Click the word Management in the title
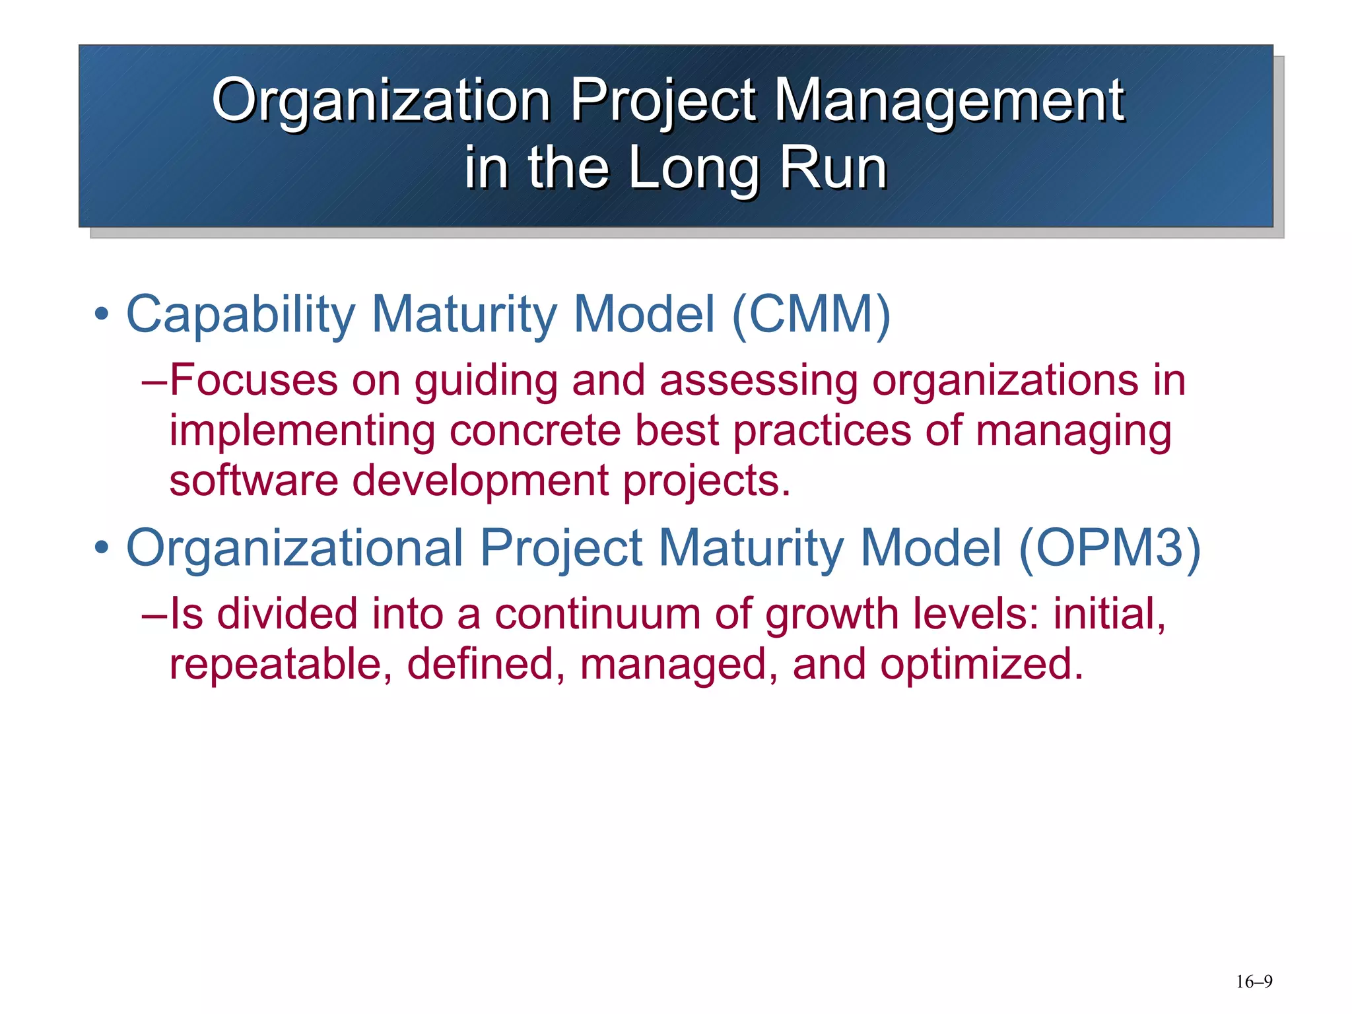click(949, 100)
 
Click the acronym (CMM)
click(811, 314)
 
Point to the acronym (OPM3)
click(1110, 547)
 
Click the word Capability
click(241, 315)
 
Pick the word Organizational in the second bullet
click(294, 549)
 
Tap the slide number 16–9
click(1254, 982)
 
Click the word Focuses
click(253, 380)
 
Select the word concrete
click(535, 430)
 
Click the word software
click(253, 480)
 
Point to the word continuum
click(597, 614)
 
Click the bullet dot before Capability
click(101, 314)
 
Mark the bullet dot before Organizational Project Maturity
click(101, 547)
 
